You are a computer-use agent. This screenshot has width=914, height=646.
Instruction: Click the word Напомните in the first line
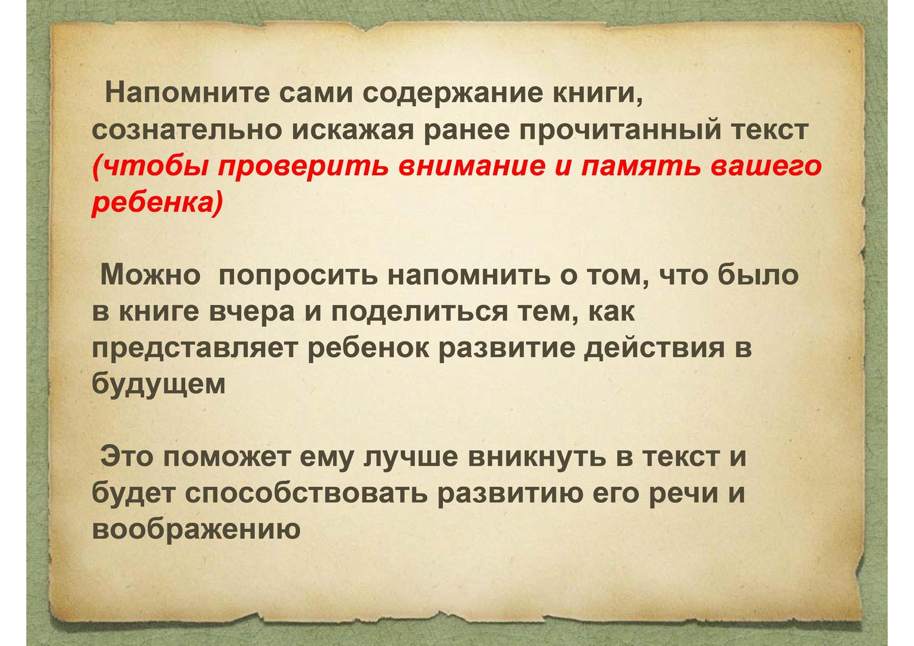point(187,93)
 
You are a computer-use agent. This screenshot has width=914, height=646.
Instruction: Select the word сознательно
point(187,130)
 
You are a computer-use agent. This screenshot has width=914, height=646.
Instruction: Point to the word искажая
point(353,130)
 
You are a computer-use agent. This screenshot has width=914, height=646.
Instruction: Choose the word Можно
point(151,275)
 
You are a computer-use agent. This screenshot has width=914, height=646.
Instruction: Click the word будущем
point(159,383)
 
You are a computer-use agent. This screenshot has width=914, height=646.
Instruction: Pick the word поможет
point(227,457)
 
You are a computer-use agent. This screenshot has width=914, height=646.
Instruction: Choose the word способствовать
point(306,493)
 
